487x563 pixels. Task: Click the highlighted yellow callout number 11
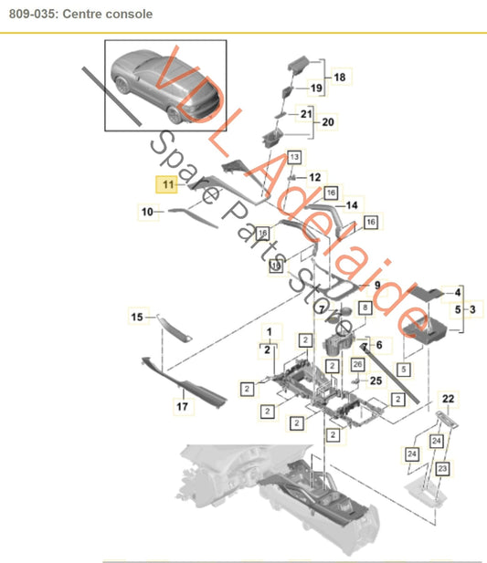(x=167, y=183)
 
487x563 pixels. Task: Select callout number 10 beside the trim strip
(x=146, y=212)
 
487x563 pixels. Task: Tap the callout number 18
(x=340, y=78)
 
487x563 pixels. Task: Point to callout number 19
(x=316, y=89)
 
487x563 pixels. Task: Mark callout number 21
(x=306, y=114)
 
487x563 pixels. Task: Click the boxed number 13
(x=294, y=157)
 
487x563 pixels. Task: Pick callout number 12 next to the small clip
(x=314, y=176)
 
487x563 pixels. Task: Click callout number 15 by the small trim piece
(x=137, y=318)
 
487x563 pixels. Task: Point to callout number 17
(x=182, y=407)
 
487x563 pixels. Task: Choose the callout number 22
(x=448, y=398)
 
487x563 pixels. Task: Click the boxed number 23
(x=442, y=467)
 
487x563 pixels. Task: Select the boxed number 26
(x=357, y=364)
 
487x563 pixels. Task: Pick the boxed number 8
(x=365, y=309)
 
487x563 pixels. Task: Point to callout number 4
(x=458, y=292)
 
